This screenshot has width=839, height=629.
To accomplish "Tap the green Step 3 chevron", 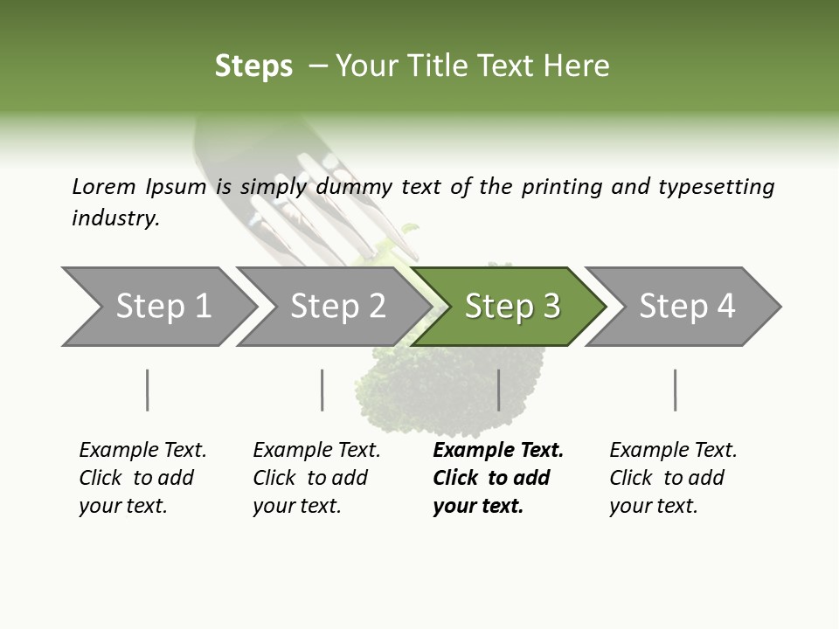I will click(512, 307).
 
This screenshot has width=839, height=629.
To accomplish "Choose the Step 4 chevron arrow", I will click(687, 307).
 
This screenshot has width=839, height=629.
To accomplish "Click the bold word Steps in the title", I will click(253, 66).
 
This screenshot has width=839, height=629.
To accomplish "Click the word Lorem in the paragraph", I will click(104, 187).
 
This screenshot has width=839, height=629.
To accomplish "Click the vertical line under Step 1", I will click(148, 390).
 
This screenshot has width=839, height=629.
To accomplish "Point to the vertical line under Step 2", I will click(322, 390).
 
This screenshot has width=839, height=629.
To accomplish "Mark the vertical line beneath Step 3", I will click(498, 390).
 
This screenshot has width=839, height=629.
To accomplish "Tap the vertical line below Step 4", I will click(676, 390).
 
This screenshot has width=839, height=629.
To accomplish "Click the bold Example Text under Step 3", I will click(498, 451).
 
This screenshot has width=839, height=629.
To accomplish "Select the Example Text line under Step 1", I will click(142, 451).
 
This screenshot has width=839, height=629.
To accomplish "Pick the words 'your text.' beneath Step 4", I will click(653, 507).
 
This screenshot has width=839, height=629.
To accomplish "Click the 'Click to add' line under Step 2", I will click(310, 479).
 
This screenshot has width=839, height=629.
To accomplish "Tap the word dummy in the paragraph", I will click(355, 187).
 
